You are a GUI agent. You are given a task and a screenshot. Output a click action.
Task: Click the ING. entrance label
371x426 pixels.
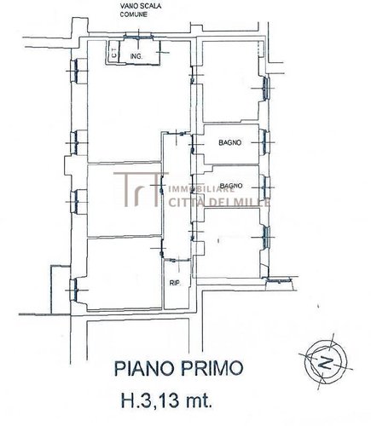click(136, 57)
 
